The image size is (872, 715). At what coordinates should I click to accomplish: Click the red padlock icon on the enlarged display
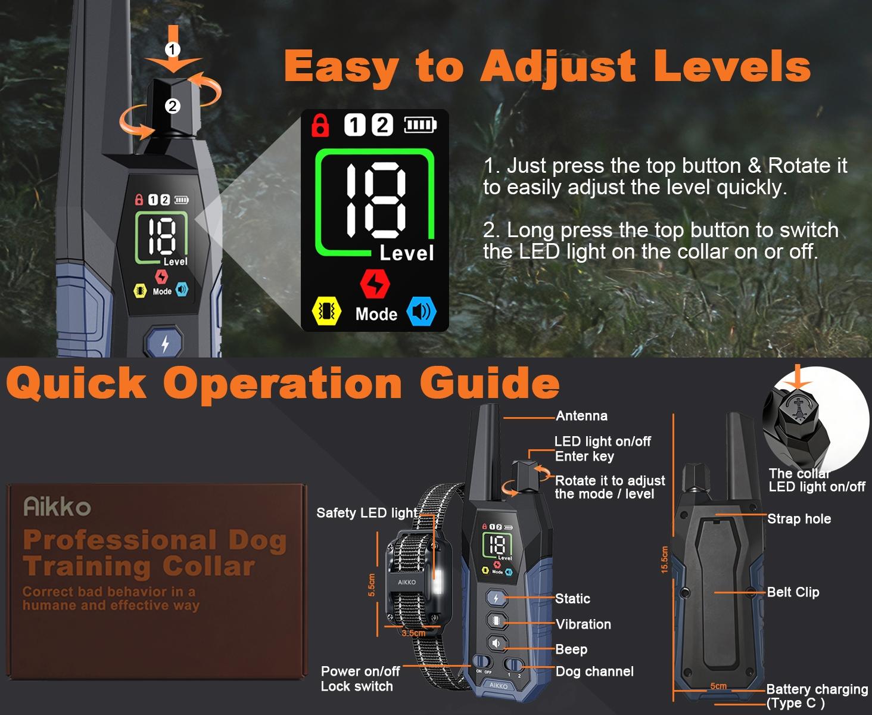click(320, 125)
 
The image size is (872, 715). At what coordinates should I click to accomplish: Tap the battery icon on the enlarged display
click(421, 125)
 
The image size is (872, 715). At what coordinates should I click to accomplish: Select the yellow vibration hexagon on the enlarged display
click(326, 311)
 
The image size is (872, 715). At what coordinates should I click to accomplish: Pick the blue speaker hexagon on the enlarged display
click(422, 312)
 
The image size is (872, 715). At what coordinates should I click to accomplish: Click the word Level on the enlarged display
click(407, 253)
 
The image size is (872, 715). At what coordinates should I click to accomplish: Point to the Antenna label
click(581, 416)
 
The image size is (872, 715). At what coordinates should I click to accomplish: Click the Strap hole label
click(799, 519)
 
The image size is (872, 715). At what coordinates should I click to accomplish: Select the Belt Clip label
click(793, 592)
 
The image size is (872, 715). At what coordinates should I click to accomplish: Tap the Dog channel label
click(594, 672)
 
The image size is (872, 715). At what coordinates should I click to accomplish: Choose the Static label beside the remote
click(572, 599)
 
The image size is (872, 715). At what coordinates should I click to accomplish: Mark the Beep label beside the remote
click(571, 649)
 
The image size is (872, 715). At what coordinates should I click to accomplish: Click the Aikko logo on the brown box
click(57, 507)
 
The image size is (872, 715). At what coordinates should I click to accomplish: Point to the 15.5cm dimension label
click(665, 560)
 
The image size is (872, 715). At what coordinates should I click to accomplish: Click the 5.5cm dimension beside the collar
click(372, 585)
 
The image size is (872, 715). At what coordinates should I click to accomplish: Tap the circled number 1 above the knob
click(172, 49)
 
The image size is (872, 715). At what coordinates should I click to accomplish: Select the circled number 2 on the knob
click(172, 106)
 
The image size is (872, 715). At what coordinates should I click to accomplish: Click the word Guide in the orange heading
click(490, 383)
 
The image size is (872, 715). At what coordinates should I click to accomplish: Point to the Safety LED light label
click(367, 513)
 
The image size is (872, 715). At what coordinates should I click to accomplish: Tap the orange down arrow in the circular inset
click(797, 378)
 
